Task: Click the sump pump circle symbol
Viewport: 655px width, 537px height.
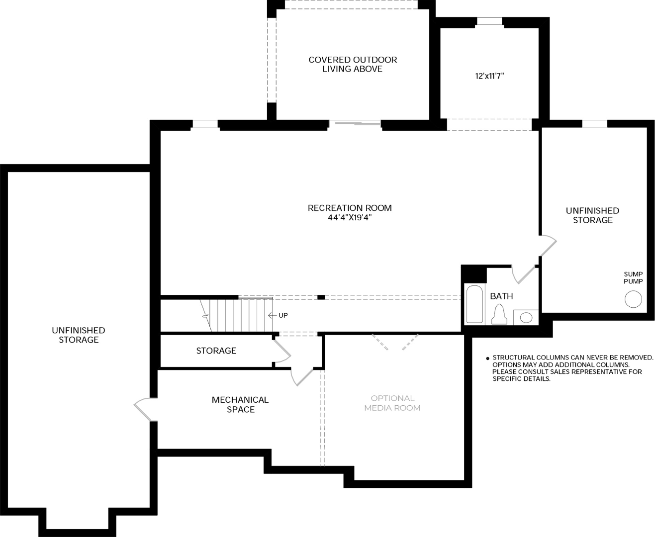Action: [x=633, y=299]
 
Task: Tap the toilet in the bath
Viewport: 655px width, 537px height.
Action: [x=499, y=314]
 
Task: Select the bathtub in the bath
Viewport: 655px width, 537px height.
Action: [x=474, y=304]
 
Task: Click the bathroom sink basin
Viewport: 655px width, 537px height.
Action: [x=526, y=318]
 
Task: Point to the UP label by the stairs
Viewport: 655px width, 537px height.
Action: [x=283, y=316]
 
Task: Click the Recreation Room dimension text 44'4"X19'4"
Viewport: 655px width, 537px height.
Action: [x=350, y=217]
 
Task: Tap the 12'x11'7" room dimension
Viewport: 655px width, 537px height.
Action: [x=489, y=76]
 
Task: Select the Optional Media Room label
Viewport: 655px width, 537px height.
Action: [x=392, y=403]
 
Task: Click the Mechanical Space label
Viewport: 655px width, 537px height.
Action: [x=240, y=404]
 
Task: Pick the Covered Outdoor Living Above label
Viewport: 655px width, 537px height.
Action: [x=353, y=64]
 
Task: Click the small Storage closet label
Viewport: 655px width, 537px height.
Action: [x=216, y=351]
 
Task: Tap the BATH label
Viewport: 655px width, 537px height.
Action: [x=501, y=296]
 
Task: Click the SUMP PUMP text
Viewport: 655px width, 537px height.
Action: [x=633, y=277]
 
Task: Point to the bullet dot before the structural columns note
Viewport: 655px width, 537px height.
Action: [x=487, y=358]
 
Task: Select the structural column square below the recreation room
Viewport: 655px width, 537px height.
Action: [x=321, y=297]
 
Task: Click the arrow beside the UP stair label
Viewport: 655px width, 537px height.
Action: [x=273, y=316]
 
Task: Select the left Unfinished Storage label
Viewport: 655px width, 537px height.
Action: [x=79, y=335]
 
